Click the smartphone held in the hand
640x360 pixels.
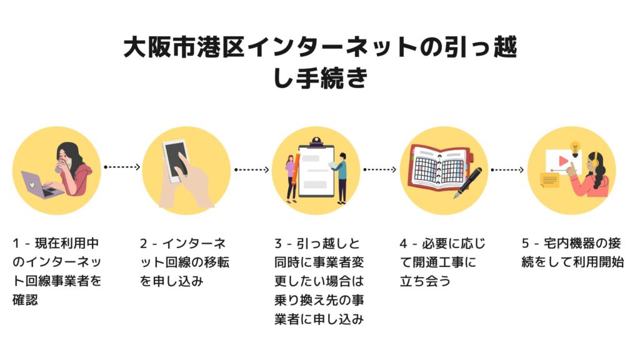(176, 159)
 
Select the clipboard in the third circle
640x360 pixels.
(316, 171)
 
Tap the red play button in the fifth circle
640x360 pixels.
(563, 161)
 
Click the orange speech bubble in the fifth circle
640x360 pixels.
(549, 181)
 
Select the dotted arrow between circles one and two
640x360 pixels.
(122, 167)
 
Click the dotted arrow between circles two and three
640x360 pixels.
(251, 169)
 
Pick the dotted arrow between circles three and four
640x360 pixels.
(380, 169)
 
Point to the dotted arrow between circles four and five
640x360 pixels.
(508, 169)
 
